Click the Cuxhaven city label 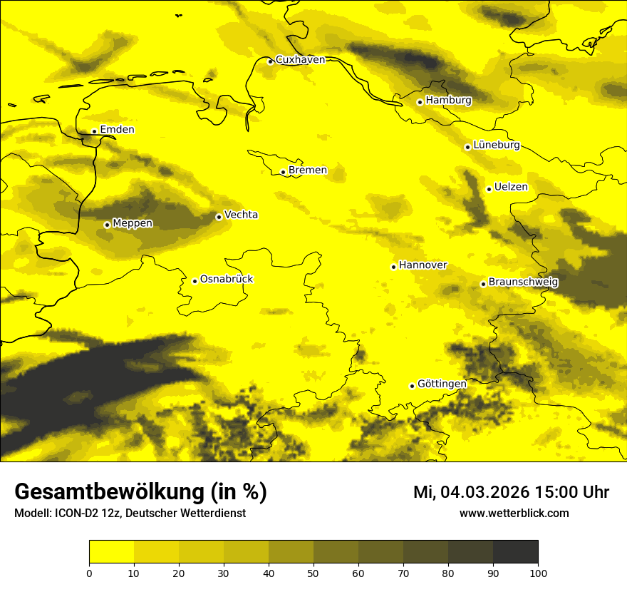[300, 60]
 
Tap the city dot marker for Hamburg [420, 102]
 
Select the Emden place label [117, 130]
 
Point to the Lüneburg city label [496, 146]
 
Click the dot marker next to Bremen [283, 172]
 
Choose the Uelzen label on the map [511, 188]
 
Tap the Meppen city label [133, 224]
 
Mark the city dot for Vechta [219, 217]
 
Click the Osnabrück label [227, 280]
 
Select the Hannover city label [423, 265]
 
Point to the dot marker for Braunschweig [483, 284]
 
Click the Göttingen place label [442, 384]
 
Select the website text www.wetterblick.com [514, 514]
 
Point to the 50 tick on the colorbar [313, 573]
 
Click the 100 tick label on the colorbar [538, 573]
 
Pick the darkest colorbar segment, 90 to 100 [515, 552]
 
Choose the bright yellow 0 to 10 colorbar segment [111, 552]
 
